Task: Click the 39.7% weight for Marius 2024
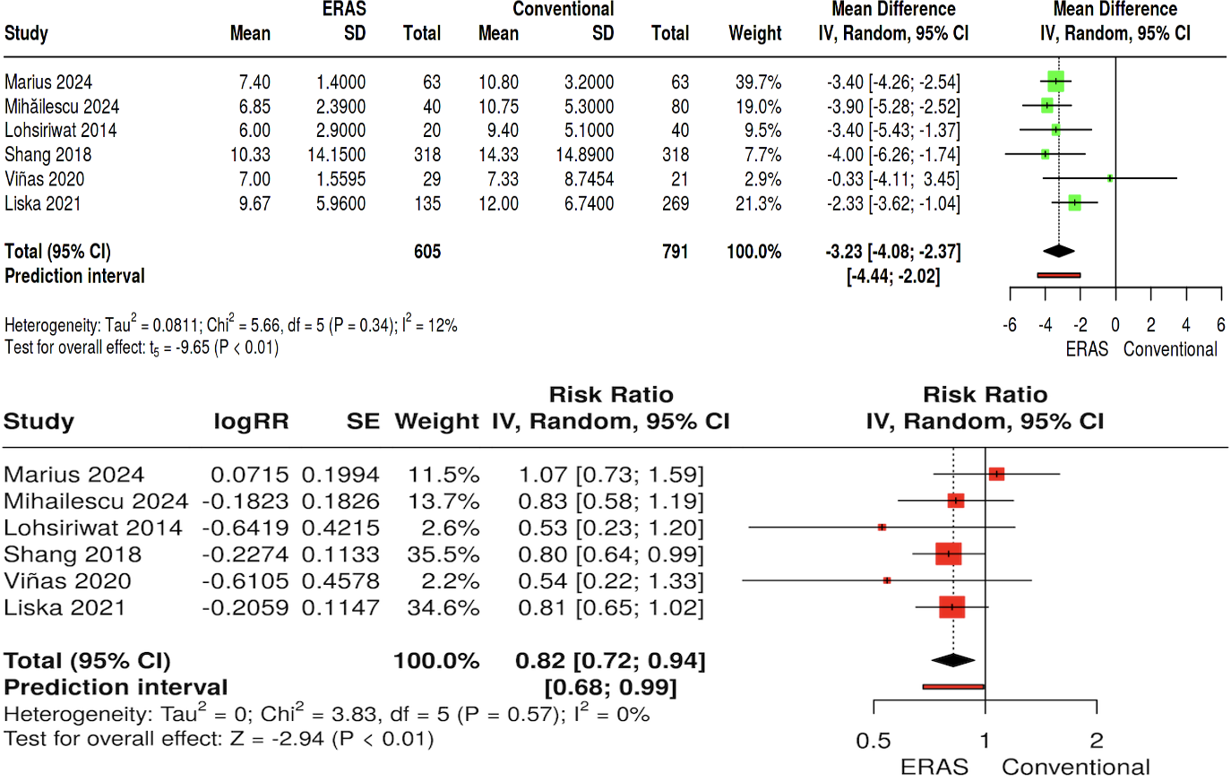point(758,82)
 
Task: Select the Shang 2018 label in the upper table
point(47,155)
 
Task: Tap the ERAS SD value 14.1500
point(336,155)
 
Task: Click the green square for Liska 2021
point(1074,203)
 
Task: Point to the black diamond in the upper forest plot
point(1059,252)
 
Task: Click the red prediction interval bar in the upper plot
point(1059,275)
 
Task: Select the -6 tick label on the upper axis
point(1010,325)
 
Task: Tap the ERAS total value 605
point(427,252)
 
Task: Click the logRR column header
point(251,422)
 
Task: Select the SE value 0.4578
point(340,581)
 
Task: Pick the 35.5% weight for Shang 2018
point(443,554)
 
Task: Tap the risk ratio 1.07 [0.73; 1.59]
point(611,475)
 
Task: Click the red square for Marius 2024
point(996,474)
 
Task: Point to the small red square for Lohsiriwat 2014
point(882,528)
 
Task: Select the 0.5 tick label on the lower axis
point(874,741)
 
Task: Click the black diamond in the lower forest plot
point(952,660)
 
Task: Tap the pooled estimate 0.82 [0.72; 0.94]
point(610,661)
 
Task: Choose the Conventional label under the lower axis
point(1075,768)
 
